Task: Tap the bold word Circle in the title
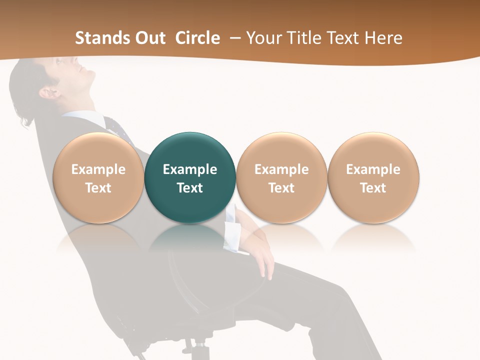(197, 38)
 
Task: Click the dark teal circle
(190, 177)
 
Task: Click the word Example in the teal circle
(190, 169)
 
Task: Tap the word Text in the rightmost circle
(373, 188)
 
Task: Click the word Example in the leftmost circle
(98, 169)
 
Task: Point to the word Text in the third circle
(281, 188)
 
